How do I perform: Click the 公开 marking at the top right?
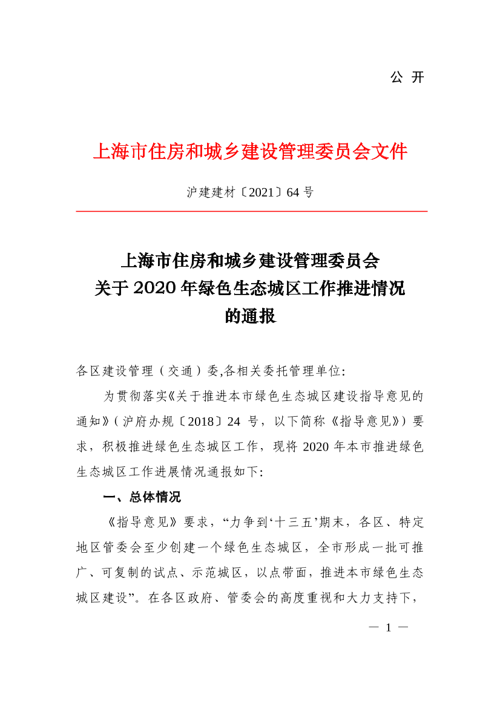tap(407, 77)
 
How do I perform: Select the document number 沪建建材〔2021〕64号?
tap(250, 193)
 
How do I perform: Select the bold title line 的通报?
tap(250, 316)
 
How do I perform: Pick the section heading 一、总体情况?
tap(142, 498)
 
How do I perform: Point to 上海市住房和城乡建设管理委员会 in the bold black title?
tap(250, 261)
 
